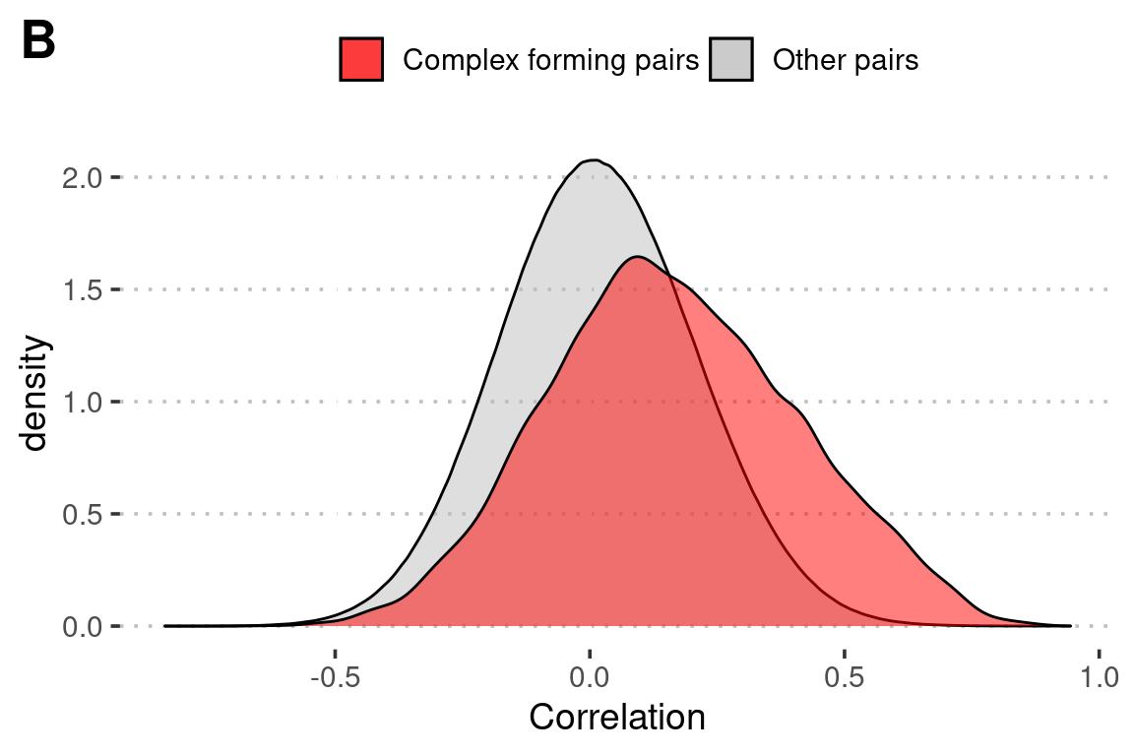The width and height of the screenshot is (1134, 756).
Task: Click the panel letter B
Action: (x=38, y=40)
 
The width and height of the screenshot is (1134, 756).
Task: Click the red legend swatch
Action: (x=361, y=60)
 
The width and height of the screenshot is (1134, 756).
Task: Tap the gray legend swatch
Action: (x=730, y=60)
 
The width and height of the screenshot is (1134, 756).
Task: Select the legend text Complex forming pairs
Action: (x=550, y=61)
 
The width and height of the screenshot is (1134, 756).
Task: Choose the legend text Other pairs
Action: (x=846, y=61)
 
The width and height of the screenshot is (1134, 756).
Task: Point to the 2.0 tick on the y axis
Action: (x=84, y=178)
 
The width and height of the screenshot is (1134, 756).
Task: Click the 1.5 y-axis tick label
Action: (x=84, y=290)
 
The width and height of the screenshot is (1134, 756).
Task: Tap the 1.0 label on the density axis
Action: (x=84, y=403)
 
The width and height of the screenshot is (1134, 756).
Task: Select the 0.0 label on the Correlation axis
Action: (x=590, y=678)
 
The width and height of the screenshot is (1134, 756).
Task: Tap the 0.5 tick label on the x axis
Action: (x=844, y=678)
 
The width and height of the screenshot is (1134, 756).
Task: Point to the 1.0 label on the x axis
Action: (x=1098, y=678)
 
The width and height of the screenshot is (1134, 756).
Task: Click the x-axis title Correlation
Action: (x=617, y=718)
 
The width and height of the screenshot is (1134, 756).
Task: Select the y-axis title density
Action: (x=35, y=394)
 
